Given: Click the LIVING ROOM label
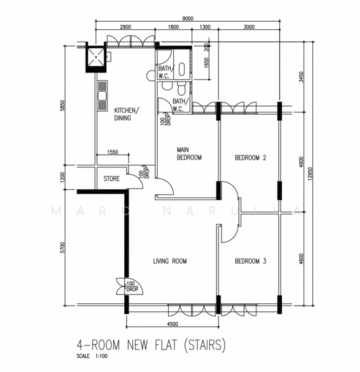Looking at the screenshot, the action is point(170,261).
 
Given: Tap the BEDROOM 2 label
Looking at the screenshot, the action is point(250,157).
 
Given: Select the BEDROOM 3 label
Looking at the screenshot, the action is point(250,261).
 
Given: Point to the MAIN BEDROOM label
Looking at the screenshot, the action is point(189,154).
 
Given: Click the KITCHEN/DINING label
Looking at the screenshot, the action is point(127,114).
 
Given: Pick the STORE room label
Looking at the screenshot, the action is point(112,179).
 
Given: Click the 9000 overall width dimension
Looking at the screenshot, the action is point(187,18).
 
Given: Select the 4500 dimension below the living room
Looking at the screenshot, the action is point(173,324).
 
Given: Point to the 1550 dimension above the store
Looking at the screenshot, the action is point(112,152).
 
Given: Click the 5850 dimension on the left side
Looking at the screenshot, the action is point(62,105).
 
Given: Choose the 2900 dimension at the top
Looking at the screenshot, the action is point(125,27).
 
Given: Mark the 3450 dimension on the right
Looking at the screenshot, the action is point(301,77).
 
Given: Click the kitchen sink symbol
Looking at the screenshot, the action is point(102,95).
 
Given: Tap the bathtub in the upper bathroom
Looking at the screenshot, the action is point(182,69).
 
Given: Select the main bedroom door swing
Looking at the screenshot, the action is point(167,186).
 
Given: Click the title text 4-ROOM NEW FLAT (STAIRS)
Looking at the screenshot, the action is point(151,345).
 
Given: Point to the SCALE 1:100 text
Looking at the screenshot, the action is point(92,356).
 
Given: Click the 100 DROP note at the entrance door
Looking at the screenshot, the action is point(132,286).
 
